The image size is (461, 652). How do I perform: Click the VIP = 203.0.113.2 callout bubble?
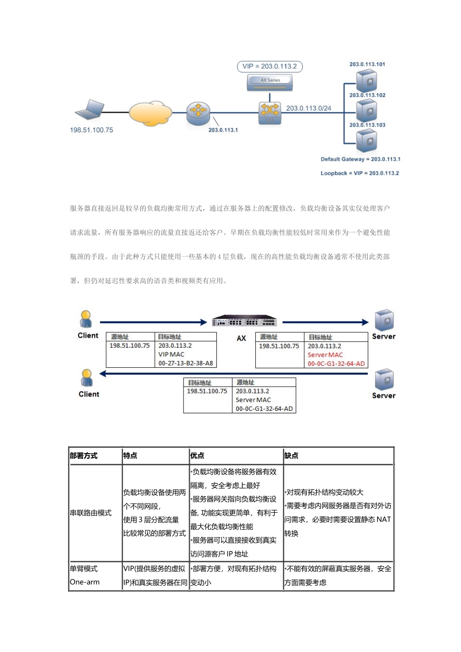coord(269,66)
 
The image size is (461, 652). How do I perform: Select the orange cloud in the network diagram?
coord(150,113)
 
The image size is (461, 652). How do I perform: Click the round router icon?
coord(198,113)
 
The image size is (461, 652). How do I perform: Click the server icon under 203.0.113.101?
coord(367,80)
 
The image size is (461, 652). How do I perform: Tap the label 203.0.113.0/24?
coord(309,108)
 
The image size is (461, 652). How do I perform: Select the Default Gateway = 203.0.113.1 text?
coord(361,159)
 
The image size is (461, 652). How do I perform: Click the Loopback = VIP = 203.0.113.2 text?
coord(360,173)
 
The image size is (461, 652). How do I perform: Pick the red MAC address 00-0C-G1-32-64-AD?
coord(336,363)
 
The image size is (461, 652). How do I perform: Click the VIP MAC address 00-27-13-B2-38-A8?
coord(185,363)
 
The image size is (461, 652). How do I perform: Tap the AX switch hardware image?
coord(245,322)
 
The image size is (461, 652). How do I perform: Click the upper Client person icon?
coord(86,319)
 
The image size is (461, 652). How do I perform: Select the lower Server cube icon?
coord(383,379)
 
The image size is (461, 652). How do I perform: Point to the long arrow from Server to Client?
coord(233,374)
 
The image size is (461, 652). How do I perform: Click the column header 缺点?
coord(292,456)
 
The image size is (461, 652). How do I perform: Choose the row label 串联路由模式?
coord(91,513)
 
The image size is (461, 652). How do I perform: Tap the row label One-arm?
coord(84,582)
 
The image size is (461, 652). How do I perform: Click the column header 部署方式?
coord(83,456)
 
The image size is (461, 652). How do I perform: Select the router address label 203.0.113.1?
coord(223,130)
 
